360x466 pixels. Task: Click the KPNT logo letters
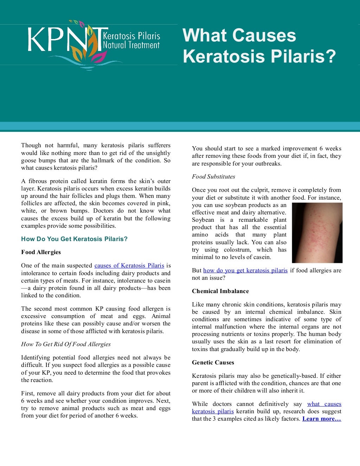63,39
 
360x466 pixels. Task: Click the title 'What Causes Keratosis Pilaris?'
259,46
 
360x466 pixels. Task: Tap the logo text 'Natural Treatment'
131,45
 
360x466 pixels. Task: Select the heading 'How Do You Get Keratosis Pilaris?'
74,239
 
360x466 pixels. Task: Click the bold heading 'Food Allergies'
41,252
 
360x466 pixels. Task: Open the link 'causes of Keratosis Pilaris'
129,266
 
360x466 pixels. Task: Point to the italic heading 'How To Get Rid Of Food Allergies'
66,344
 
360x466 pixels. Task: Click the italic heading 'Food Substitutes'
213,177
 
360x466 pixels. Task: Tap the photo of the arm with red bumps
317,233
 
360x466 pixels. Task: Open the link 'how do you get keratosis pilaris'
245,271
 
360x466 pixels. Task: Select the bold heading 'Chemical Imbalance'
220,291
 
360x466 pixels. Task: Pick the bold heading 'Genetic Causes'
213,363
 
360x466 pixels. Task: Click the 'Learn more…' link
321,419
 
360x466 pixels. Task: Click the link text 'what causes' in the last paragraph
324,404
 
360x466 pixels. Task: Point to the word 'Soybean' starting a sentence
202,220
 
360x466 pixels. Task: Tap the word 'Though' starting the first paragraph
31,145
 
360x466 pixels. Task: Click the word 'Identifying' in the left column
36,358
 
